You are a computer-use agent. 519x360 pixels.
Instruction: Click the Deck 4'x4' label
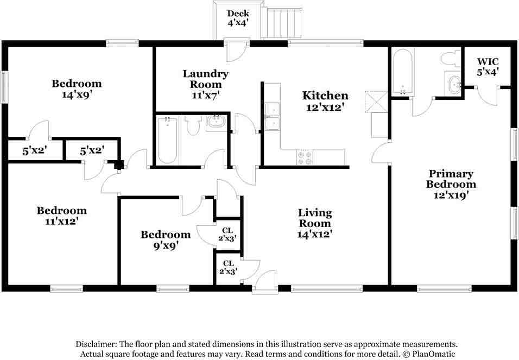pos(238,18)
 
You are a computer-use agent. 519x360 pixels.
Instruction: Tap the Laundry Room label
pos(205,84)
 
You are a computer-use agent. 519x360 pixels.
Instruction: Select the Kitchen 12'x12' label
pos(325,102)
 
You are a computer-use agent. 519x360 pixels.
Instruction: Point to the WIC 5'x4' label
pos(488,66)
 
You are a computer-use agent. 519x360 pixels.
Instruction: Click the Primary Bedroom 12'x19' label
pos(451,185)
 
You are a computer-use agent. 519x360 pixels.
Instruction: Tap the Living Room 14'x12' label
pos(315,223)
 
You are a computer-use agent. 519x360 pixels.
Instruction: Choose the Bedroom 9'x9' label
pos(166,239)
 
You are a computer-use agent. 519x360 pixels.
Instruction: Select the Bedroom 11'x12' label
pos(61,216)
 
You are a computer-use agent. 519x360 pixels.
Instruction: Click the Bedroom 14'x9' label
pos(77,89)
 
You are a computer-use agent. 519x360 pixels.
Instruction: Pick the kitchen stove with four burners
pos(305,157)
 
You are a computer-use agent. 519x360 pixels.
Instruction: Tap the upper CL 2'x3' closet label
pos(227,234)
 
